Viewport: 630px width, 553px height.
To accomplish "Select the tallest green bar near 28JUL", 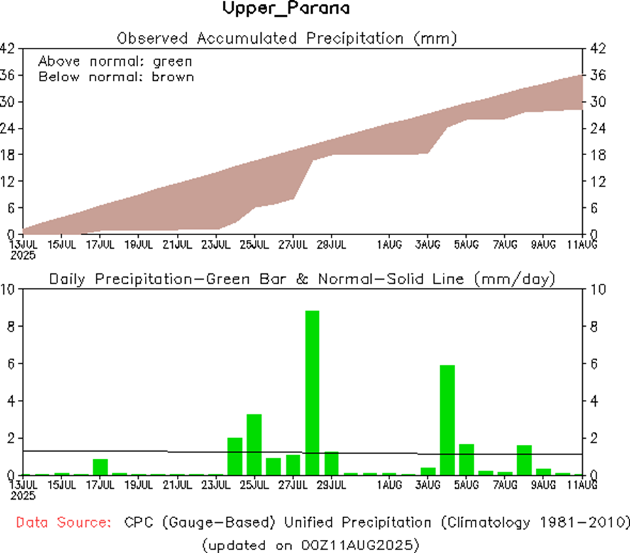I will coord(312,392).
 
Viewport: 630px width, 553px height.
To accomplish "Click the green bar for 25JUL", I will coord(254,444).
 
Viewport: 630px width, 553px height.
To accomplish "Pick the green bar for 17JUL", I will coord(100,467).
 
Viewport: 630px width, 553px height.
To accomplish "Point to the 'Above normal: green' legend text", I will coord(115,61).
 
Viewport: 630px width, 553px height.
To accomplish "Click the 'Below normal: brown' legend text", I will coord(116,77).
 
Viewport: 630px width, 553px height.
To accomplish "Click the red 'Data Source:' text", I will coord(64,523).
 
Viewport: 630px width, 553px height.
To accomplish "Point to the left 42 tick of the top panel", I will coord(8,49).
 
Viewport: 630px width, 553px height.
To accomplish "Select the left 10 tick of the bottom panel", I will coord(8,290).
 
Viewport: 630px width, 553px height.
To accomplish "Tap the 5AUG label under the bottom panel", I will coord(466,485).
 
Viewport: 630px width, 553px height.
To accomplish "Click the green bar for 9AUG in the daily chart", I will coord(543,471).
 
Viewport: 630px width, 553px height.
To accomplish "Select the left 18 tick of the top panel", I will coord(8,154).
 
